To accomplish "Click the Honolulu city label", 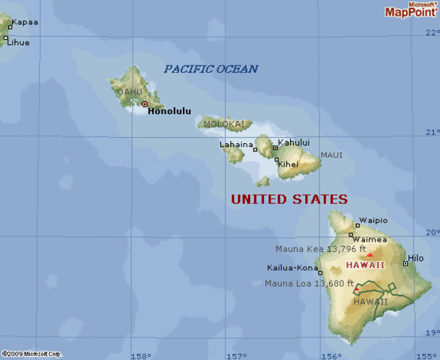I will (169, 111).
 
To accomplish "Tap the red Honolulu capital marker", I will (145, 104).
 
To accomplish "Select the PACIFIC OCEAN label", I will (211, 69).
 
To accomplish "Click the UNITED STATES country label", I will (289, 199).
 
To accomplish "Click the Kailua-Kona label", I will (292, 268).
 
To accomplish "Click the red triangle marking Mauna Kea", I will (370, 255).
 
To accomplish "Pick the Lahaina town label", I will (235, 144).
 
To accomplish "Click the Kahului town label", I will (294, 142).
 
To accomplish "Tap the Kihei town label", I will (289, 164).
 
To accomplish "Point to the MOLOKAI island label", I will (223, 124).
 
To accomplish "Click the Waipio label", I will (373, 220).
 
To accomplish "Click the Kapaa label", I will (25, 22).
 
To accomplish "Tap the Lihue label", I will (19, 42).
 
